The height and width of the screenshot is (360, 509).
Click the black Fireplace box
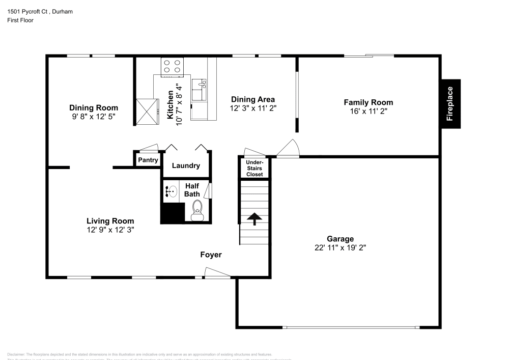tap(450, 104)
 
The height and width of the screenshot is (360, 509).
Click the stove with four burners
tap(172, 67)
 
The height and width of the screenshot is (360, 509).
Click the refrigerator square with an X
tap(148, 112)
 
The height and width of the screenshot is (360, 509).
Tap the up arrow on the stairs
tap(254, 218)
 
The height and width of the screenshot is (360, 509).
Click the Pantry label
tap(148, 160)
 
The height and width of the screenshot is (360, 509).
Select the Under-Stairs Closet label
tap(254, 169)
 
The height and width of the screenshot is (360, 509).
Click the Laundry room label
tap(186, 165)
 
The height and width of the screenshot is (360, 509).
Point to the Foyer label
tap(211, 255)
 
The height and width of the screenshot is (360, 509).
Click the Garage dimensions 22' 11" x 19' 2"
tap(341, 248)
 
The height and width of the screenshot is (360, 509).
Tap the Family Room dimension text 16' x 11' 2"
tap(369, 112)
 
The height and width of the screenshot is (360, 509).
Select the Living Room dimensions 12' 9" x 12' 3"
tap(110, 230)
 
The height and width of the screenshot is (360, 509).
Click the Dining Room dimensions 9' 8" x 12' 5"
tap(94, 117)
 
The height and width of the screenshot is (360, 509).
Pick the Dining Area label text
tap(253, 99)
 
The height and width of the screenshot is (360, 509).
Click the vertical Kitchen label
tap(171, 105)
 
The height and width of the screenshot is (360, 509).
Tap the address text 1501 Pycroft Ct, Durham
tap(40, 11)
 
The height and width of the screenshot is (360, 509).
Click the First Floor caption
tap(20, 20)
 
